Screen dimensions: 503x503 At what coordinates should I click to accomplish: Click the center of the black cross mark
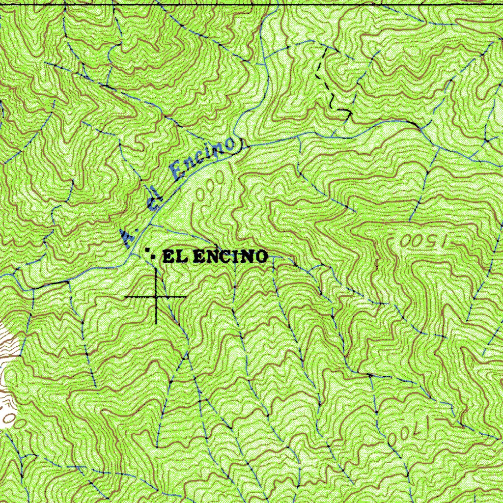pyautogui.click(x=156, y=297)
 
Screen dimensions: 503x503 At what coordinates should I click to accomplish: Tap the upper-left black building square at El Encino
pyautogui.click(x=147, y=251)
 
